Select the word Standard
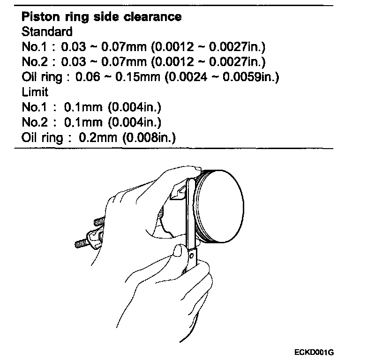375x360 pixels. point(47,32)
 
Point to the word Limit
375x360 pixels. point(35,92)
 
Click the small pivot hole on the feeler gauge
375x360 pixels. point(192,255)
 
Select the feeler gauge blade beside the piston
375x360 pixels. point(190,211)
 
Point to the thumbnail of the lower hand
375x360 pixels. point(177,251)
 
